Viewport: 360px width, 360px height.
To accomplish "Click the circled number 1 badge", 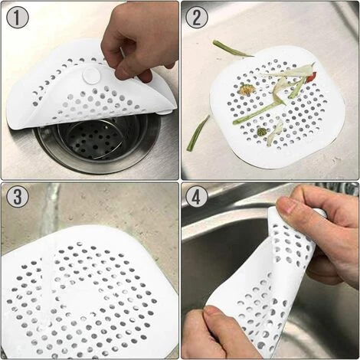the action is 18,18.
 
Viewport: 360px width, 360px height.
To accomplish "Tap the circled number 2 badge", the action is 197,18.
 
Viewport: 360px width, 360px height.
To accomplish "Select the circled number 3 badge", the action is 18,197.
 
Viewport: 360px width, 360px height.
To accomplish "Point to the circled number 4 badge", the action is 197,197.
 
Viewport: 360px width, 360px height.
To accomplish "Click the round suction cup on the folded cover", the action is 92,75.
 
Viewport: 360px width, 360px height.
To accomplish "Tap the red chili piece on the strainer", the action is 311,77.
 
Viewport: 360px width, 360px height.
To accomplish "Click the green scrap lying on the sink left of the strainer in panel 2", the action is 198,133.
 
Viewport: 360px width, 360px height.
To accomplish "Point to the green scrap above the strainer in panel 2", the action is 232,49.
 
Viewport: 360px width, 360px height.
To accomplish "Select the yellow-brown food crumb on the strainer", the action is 247,89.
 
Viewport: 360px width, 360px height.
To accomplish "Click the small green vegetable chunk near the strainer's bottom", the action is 262,132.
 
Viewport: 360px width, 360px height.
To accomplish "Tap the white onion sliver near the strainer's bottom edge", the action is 274,133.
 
